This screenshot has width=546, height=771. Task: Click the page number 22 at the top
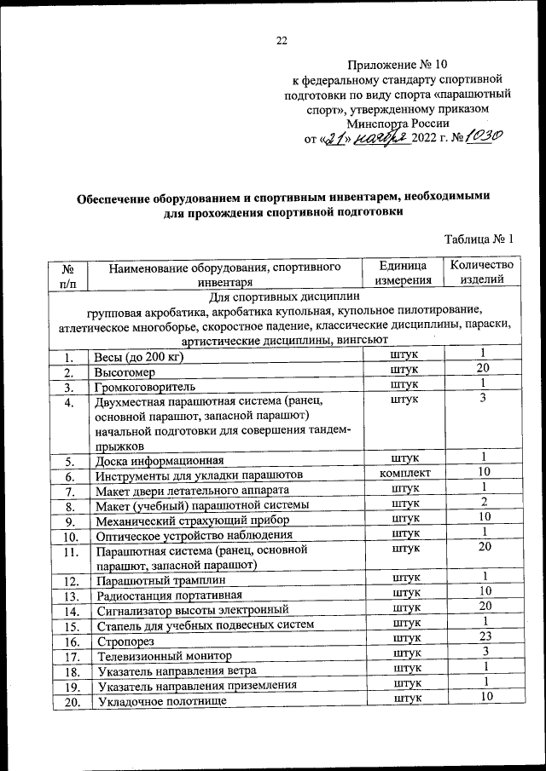[282, 38]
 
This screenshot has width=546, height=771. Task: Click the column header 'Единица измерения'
[402, 273]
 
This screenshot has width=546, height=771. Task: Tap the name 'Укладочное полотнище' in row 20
[161, 701]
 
